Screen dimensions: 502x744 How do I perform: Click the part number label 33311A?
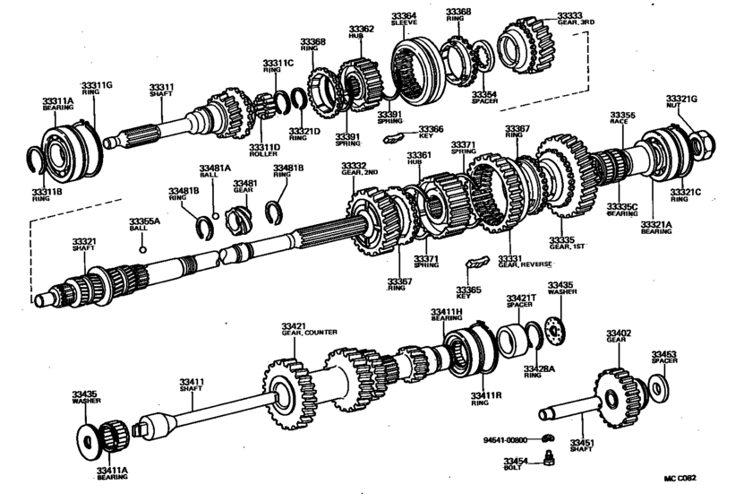click(58, 103)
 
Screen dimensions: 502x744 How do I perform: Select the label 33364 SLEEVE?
click(404, 21)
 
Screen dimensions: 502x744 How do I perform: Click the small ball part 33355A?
click(142, 248)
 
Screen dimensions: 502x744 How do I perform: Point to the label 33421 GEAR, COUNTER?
click(308, 328)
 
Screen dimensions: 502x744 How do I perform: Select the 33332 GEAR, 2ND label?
click(354, 169)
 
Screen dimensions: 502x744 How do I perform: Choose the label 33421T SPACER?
click(520, 300)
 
